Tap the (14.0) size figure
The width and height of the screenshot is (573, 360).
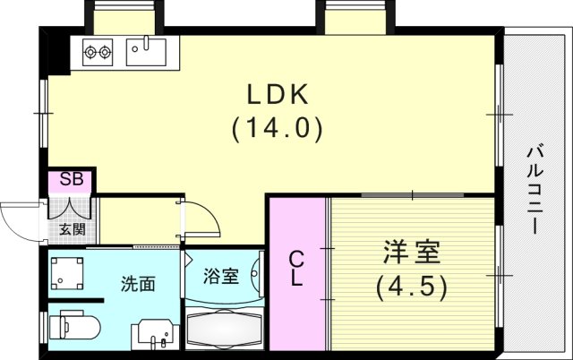click(277, 128)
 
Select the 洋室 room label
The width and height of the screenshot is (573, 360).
click(413, 253)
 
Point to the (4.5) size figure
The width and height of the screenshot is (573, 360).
click(413, 287)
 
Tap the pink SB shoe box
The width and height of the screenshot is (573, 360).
click(72, 180)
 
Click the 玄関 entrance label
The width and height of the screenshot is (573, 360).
click(72, 229)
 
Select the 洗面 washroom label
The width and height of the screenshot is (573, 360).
click(139, 284)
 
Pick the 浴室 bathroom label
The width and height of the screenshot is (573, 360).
click(221, 276)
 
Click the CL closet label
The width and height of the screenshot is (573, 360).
click(297, 268)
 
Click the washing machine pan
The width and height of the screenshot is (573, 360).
click(67, 274)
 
